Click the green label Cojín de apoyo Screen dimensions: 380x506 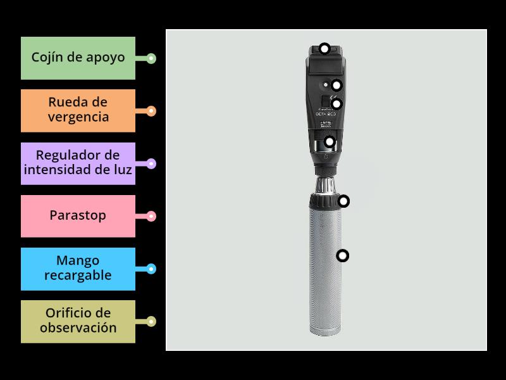point(78,58)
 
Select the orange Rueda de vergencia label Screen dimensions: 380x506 point(78,110)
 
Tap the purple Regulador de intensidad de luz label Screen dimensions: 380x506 point(78,163)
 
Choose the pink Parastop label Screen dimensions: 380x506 point(78,216)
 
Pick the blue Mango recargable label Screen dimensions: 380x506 point(78,269)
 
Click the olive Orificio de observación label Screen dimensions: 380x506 point(78,321)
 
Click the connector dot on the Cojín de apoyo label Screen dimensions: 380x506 point(151,59)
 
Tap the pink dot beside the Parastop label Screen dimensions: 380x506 point(151,217)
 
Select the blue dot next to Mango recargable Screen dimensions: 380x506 point(151,269)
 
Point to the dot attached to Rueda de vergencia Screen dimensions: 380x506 point(151,111)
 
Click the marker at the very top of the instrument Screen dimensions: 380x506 point(324,48)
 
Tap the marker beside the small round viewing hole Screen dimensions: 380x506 point(336,85)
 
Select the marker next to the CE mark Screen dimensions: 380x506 point(336,103)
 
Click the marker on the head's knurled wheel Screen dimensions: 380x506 point(329,141)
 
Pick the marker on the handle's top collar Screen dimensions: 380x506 point(343,201)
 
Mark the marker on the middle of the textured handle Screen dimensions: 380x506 point(343,256)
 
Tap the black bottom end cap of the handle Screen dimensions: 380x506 point(326,330)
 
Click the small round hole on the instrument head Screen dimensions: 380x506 point(324,84)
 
